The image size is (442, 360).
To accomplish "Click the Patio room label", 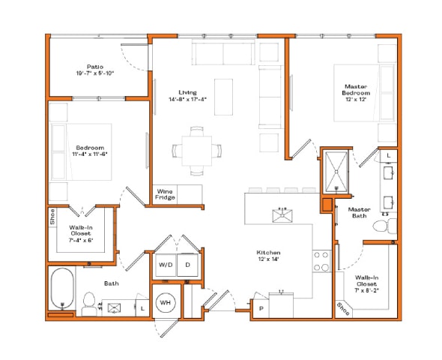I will point(94,70).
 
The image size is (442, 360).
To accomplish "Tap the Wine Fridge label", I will point(166,194).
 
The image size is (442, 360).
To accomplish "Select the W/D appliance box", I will point(165,265).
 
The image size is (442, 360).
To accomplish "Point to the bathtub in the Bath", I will point(61,289).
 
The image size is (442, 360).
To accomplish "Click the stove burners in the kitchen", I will point(321,261).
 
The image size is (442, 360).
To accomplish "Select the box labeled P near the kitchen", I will point(261,307).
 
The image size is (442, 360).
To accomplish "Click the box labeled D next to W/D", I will point(188,265).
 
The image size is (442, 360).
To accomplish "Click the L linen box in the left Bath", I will point(142,307).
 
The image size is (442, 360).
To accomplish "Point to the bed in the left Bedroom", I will point(82,150).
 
